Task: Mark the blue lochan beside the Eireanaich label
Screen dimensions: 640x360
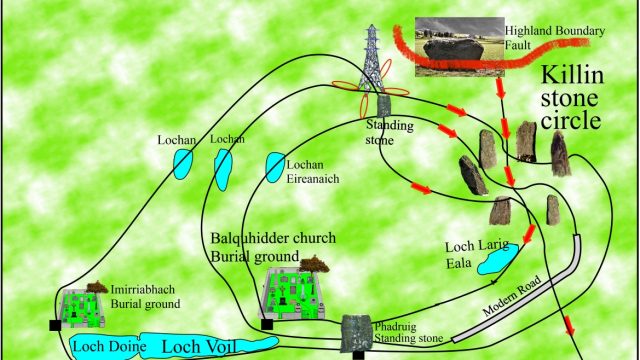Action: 274,165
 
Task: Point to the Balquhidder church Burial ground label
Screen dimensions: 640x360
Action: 272,247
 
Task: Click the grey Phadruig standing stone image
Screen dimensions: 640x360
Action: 356,330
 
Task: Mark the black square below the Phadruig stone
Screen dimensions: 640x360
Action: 358,354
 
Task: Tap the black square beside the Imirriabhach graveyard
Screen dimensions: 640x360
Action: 54,325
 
